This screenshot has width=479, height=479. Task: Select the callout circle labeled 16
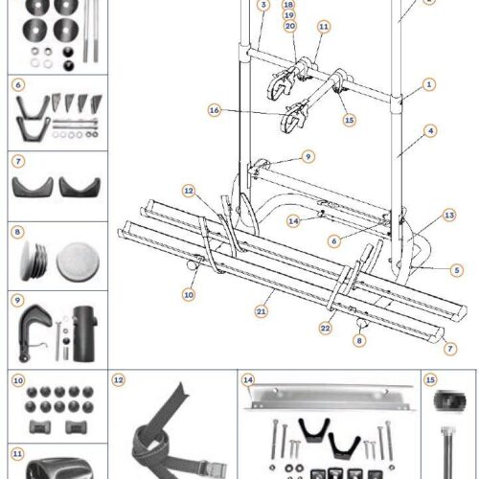click(x=215, y=110)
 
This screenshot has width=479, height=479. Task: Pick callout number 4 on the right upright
click(x=431, y=129)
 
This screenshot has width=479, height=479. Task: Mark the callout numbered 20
click(x=290, y=27)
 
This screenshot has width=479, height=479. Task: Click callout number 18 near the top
click(x=290, y=5)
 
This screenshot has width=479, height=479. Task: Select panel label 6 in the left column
click(x=18, y=84)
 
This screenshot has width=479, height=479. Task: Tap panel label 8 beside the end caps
click(x=18, y=232)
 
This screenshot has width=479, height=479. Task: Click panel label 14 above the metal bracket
click(x=248, y=379)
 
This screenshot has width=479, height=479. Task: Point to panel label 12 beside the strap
click(x=119, y=379)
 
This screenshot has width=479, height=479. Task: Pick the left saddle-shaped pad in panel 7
click(x=30, y=184)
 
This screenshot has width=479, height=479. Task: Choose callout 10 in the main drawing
click(x=189, y=293)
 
